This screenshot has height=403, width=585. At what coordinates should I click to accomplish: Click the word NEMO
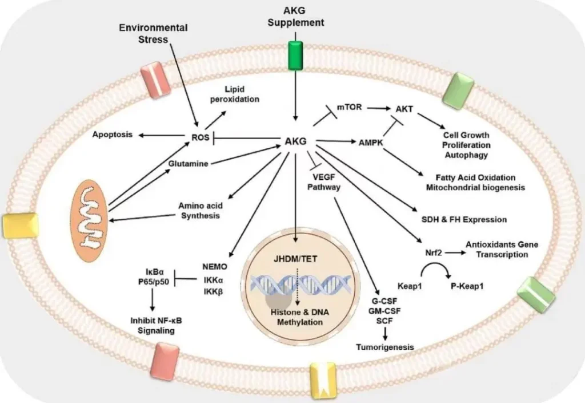[215, 266]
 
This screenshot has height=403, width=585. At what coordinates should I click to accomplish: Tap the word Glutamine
[187, 163]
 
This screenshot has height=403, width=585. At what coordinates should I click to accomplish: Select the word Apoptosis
[112, 135]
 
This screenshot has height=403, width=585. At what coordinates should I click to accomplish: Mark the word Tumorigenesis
[384, 347]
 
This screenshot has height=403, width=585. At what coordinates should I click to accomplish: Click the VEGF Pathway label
[324, 181]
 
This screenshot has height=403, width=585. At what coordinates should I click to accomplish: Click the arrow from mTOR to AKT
[379, 107]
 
